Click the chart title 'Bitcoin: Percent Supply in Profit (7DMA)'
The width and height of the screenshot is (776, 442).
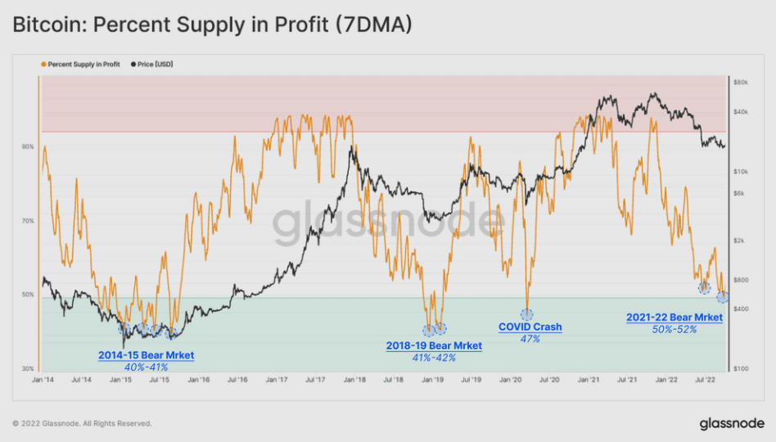tap(212, 26)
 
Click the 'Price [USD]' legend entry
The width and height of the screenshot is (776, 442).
tap(155, 64)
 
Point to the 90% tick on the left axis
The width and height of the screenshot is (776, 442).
tap(28, 147)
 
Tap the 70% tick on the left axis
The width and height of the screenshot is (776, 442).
tap(28, 221)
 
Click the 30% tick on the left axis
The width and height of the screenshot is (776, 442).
tap(28, 369)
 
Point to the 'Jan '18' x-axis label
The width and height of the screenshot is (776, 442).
tap(354, 381)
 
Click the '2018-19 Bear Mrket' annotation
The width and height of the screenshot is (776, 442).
tap(434, 346)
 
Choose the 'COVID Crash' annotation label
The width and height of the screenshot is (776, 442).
tap(530, 327)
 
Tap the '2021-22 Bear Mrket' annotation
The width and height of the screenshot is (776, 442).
tap(674, 318)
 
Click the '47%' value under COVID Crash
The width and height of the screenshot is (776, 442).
tap(530, 339)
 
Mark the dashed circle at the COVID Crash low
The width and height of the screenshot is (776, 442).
tap(526, 314)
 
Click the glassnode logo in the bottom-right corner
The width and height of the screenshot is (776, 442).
tap(732, 423)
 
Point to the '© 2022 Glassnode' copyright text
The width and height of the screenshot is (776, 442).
tap(82, 423)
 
